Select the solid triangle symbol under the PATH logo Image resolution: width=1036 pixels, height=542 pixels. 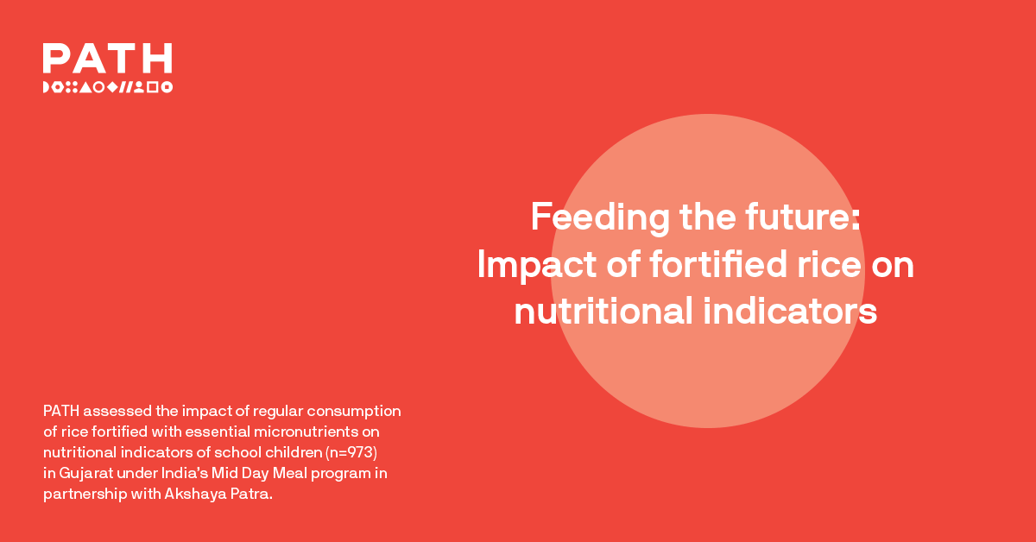point(85,87)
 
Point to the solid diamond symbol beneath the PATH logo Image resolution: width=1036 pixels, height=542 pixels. point(112,87)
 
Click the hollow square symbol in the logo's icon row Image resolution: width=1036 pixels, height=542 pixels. point(152,87)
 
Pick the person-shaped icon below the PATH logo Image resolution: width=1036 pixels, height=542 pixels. point(138,87)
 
